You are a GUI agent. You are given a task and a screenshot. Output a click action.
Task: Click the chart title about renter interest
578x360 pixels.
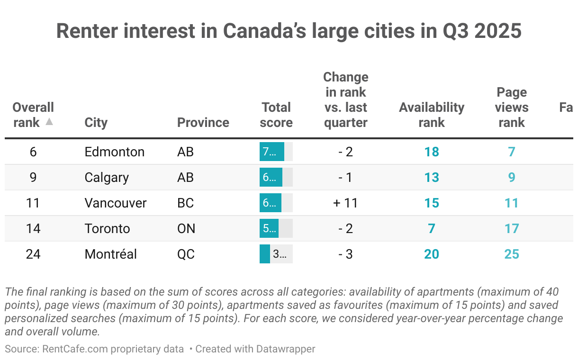[289, 31]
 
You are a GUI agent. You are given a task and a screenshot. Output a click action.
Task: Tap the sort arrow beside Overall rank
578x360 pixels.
[49, 122]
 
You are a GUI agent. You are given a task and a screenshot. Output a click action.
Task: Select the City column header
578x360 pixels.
[96, 122]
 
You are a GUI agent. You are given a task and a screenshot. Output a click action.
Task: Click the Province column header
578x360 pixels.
[203, 122]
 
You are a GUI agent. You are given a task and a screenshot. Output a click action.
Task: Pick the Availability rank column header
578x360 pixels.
[431, 115]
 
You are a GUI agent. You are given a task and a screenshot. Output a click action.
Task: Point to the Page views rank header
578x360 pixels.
[511, 107]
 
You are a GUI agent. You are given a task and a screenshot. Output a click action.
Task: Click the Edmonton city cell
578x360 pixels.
[114, 152]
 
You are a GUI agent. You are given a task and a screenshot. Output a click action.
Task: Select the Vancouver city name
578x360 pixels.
[116, 203]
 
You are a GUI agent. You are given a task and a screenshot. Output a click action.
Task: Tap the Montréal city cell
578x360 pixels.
[110, 254]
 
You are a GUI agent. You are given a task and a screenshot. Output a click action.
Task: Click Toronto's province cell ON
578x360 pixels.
[186, 228]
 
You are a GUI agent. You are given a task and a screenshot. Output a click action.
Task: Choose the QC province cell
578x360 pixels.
[186, 254]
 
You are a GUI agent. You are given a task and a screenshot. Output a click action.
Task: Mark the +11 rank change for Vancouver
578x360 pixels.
[345, 203]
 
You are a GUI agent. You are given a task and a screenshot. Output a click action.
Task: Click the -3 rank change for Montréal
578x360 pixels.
[345, 254]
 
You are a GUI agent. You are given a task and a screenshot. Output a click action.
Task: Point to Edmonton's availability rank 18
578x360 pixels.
[431, 152]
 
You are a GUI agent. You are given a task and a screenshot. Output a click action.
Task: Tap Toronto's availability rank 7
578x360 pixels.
[431, 228]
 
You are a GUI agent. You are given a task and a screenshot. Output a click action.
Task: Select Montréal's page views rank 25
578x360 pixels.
[511, 254]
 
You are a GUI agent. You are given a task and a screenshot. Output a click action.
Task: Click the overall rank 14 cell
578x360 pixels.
[33, 228]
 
